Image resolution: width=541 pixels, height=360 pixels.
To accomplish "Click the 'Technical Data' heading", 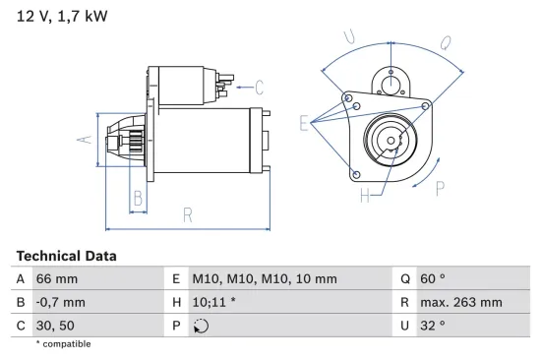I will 66,256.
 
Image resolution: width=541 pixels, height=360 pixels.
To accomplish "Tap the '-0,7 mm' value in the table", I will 60,302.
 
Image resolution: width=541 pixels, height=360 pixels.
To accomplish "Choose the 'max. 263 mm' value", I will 463,302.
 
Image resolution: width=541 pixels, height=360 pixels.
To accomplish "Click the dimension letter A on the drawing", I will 84,140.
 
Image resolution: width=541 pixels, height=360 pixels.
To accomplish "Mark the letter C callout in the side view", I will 260,86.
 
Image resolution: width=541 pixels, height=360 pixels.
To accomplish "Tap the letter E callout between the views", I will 303,123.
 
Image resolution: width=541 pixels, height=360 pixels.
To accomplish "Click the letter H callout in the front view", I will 364,196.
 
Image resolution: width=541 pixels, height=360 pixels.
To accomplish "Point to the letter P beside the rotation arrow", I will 440,189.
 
